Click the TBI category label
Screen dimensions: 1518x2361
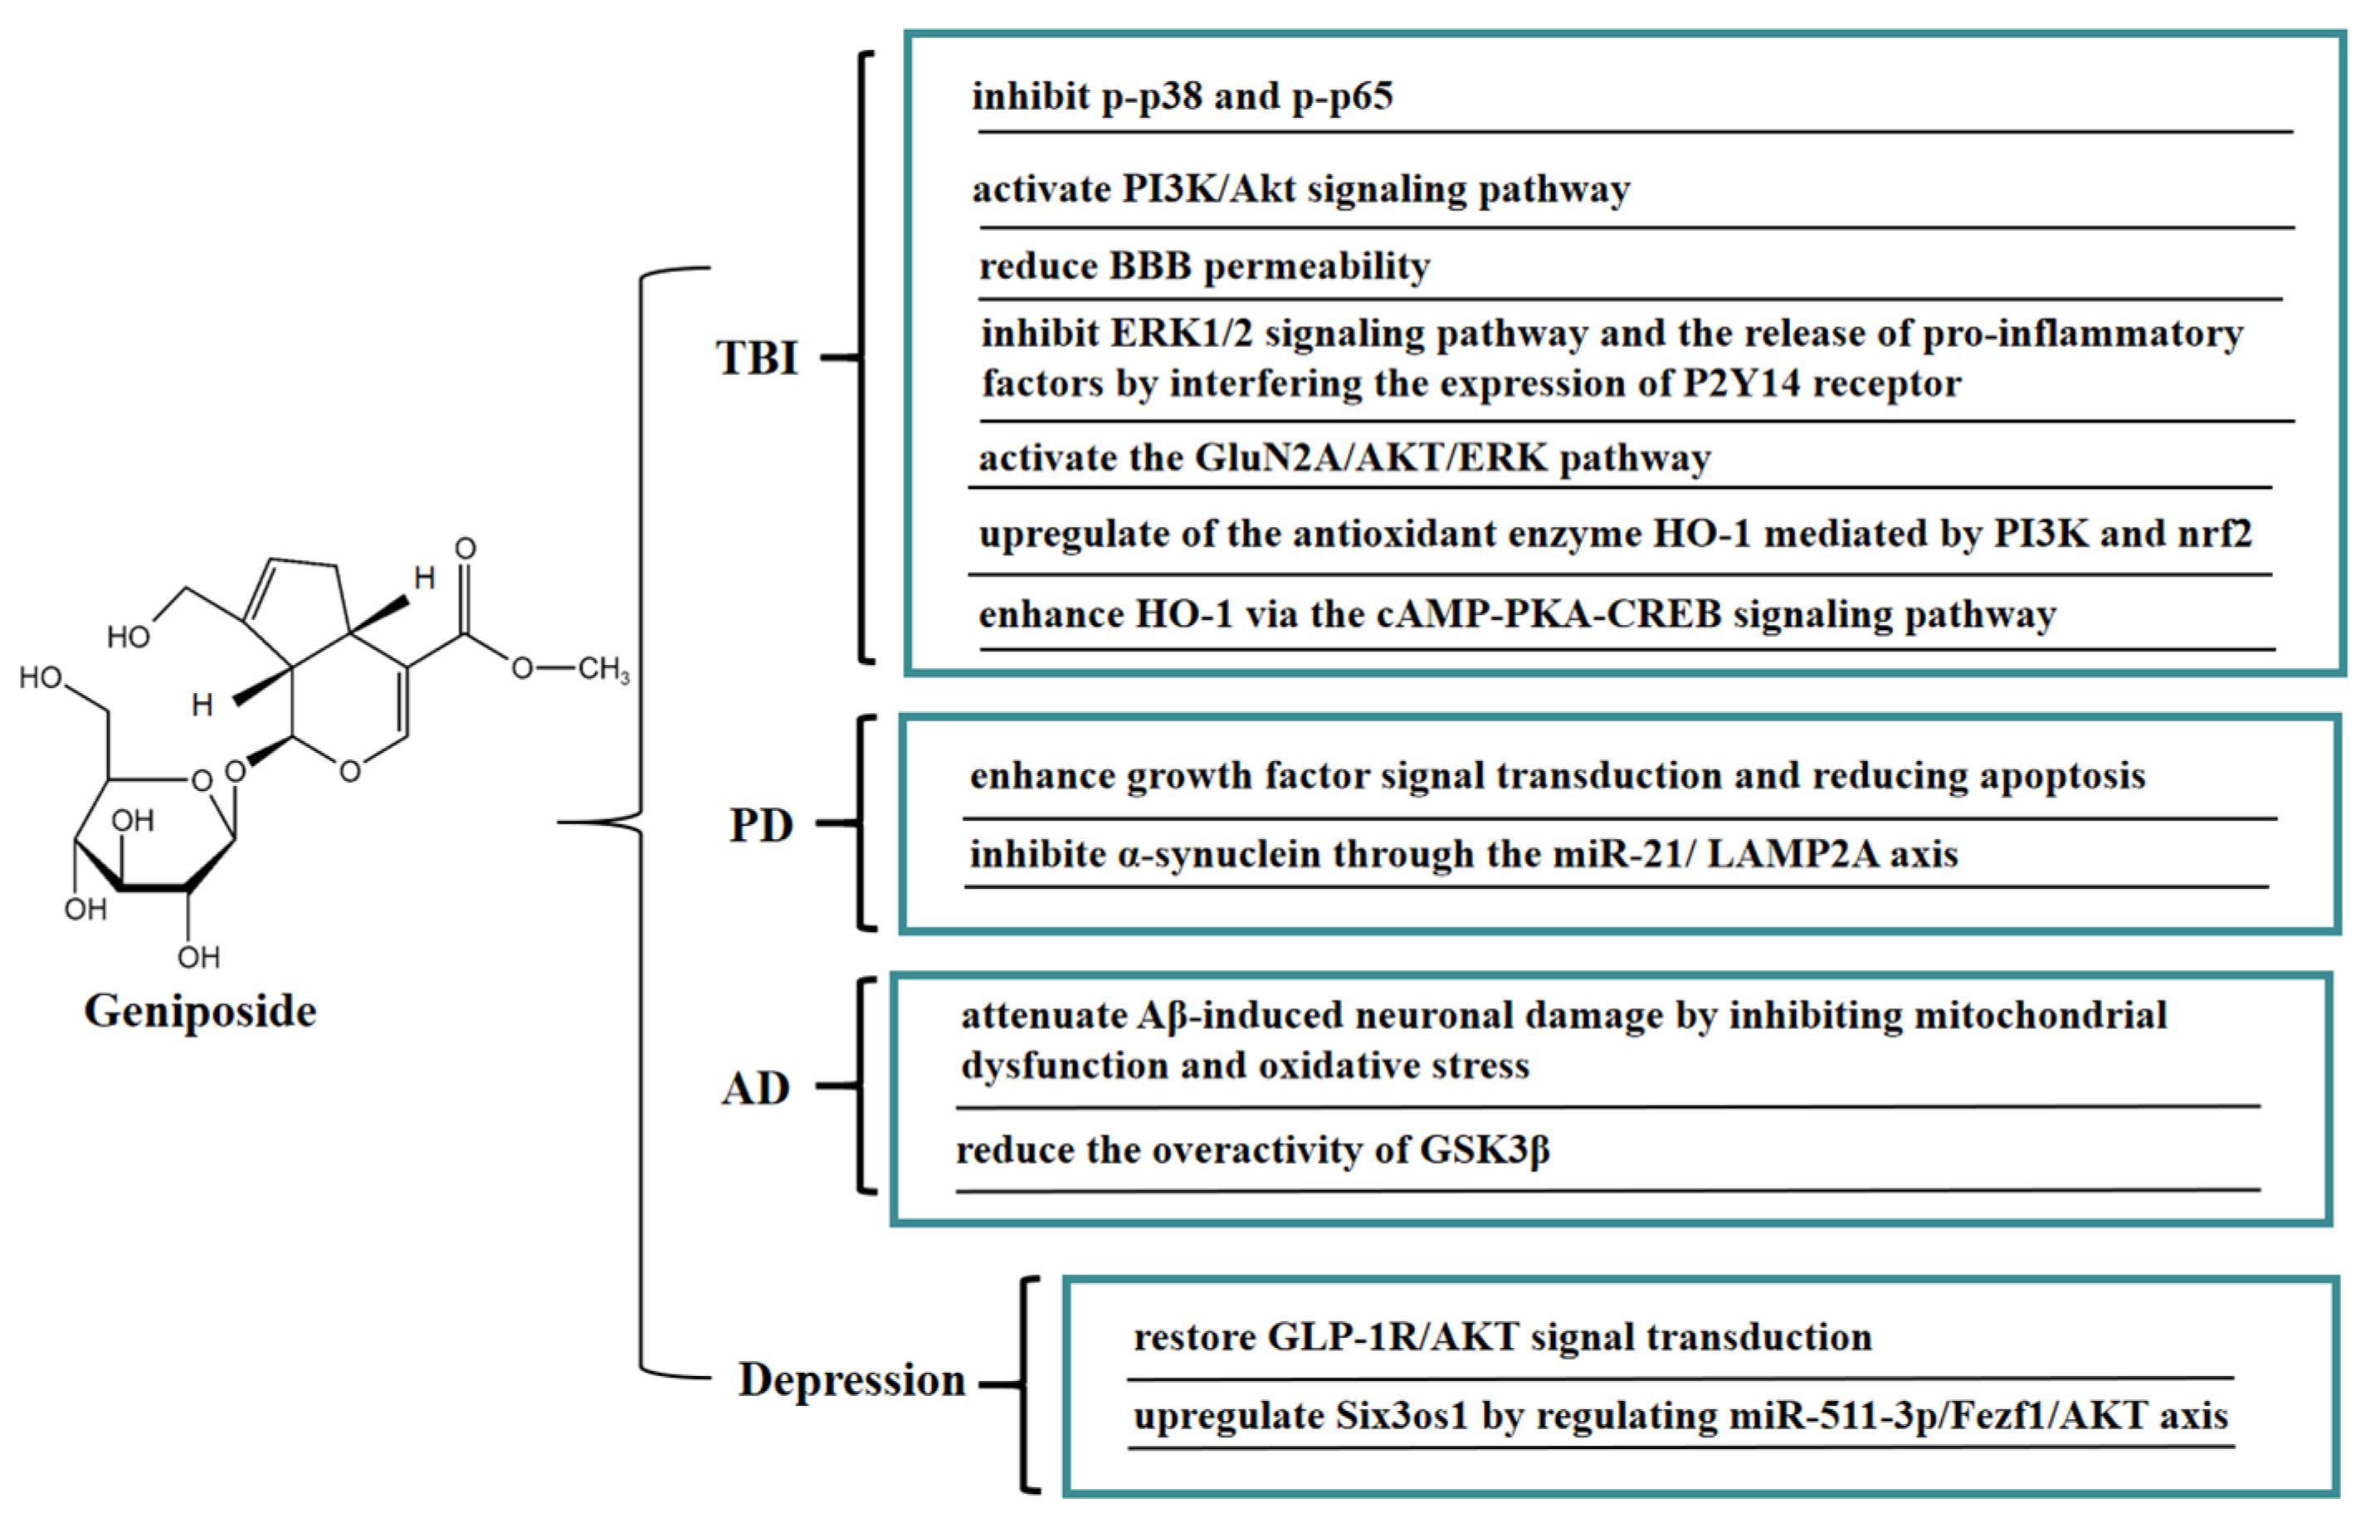pyautogui.click(x=757, y=357)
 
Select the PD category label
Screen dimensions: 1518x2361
pyautogui.click(x=761, y=825)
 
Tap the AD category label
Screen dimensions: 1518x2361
pyautogui.click(x=756, y=1088)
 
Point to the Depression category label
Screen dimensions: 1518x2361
pyautogui.click(x=851, y=1379)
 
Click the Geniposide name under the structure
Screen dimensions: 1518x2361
pyautogui.click(x=200, y=1012)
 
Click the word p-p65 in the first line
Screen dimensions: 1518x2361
pyautogui.click(x=1342, y=96)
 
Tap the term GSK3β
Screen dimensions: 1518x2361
pyautogui.click(x=1484, y=1149)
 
